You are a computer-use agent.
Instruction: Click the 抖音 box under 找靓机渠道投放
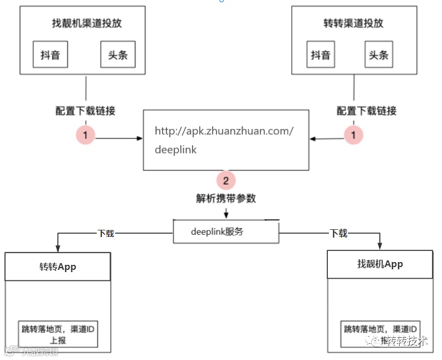point(50,55)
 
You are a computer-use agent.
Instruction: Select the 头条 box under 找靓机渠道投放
point(117,55)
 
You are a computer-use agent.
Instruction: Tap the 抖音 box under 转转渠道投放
point(320,55)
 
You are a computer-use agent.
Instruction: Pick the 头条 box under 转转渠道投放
point(379,55)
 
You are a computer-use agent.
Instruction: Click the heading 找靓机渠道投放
point(82,23)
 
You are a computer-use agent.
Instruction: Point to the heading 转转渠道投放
point(353,23)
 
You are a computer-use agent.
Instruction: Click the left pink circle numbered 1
point(86,135)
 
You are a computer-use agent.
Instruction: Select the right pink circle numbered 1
point(353,135)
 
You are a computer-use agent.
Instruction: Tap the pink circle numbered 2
point(225,180)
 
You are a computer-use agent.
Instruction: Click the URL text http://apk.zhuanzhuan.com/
point(224,131)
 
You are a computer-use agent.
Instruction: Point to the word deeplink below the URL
point(175,150)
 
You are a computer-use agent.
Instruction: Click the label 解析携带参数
point(225,198)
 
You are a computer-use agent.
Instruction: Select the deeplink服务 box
point(225,231)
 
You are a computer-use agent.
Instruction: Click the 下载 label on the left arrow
point(105,233)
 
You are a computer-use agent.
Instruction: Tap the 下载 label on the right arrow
point(338,233)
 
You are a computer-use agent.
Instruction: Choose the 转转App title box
point(58,267)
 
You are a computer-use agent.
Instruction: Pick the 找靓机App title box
point(380,264)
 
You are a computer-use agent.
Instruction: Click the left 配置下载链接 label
point(86,111)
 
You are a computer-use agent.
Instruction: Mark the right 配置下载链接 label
point(367,111)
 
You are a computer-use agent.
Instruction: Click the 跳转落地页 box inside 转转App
point(58,334)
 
